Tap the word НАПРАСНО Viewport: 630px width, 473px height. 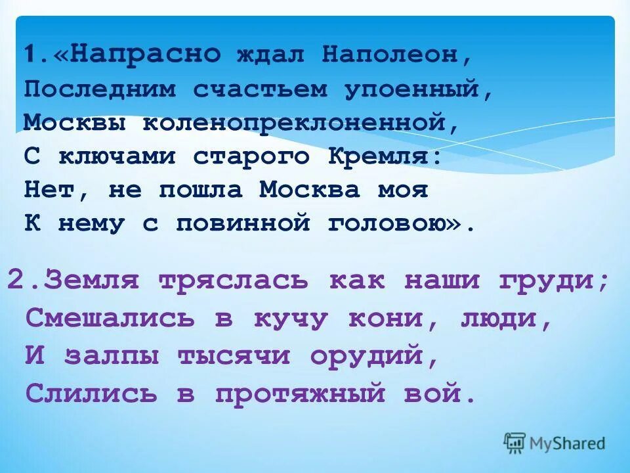[x=144, y=55]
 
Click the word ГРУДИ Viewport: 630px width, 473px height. [x=555, y=281]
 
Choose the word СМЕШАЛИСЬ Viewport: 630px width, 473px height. [x=111, y=319]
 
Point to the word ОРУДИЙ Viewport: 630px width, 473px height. [x=373, y=356]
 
